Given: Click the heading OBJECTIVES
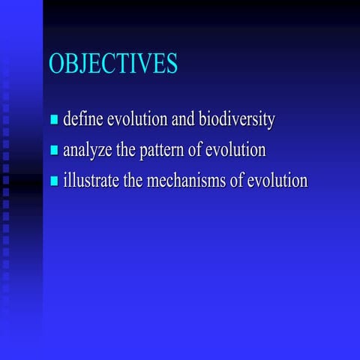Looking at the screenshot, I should click(113, 64).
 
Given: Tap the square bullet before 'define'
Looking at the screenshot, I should click(54, 121).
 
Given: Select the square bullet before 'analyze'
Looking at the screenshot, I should click(54, 151).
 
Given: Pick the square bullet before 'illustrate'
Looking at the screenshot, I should click(54, 181).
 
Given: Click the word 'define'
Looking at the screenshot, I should click(82, 119).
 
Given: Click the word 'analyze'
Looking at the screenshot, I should click(87, 150).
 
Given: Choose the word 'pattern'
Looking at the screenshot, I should click(161, 150).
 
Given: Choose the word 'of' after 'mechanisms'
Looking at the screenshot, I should click(238, 181).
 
